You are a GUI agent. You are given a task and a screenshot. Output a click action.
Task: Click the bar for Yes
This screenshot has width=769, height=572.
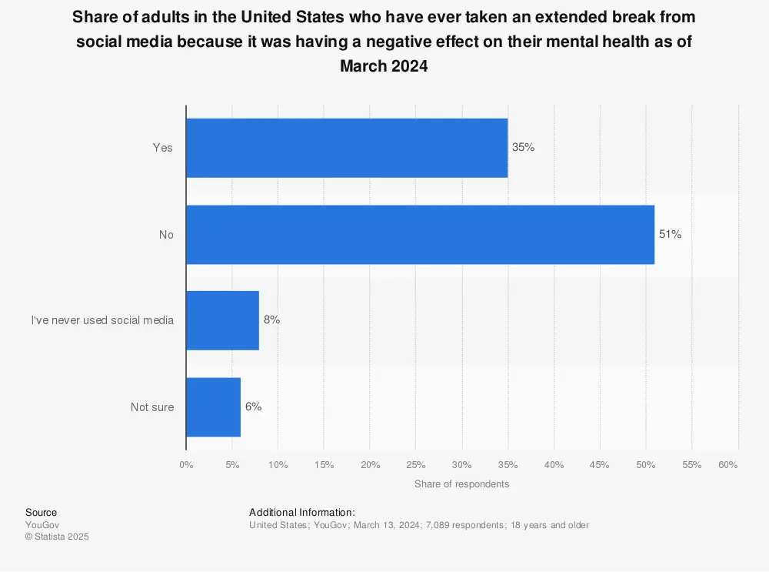[346, 148]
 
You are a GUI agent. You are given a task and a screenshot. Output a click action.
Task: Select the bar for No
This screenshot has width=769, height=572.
[420, 235]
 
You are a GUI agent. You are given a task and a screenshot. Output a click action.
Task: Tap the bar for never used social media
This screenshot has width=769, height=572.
[222, 320]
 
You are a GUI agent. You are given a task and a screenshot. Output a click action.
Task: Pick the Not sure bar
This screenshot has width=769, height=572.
[213, 407]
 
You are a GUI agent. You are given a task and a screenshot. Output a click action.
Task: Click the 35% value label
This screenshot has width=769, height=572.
[523, 148]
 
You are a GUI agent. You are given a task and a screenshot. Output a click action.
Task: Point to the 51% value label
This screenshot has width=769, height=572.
[670, 235]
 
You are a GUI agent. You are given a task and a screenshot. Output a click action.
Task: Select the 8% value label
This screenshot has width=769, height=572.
[271, 320]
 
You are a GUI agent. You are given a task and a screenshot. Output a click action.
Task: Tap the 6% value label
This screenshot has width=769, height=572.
[253, 407]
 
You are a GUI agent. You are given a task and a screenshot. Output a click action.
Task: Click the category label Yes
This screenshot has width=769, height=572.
[162, 148]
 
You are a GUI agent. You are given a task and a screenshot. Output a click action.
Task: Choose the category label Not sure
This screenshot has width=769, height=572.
[152, 407]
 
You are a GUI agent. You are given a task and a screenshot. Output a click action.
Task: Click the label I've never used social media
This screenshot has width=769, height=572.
[102, 320]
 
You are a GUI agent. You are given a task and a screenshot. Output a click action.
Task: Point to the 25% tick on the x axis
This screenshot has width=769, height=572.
[415, 465]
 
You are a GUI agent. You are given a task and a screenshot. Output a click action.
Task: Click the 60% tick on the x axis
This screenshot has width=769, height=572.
[728, 465]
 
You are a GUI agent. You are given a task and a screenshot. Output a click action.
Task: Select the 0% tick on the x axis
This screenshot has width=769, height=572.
[186, 465]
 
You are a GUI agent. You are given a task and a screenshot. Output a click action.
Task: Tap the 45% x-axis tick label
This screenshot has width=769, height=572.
[600, 465]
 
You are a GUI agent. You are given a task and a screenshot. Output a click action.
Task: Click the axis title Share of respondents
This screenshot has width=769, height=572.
[461, 484]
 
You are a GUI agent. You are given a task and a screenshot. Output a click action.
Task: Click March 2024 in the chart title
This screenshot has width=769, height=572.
[384, 66]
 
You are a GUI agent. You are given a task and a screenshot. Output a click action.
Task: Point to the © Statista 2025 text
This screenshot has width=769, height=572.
[57, 537]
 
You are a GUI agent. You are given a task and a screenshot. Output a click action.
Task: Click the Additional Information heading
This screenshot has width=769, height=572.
[302, 513]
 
